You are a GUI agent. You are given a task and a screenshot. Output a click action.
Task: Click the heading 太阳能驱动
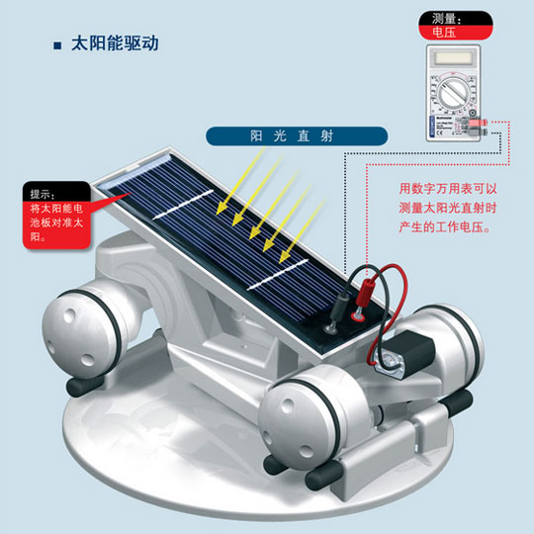pyautogui.click(x=115, y=44)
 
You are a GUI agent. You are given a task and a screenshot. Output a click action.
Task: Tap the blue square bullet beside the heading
pyautogui.click(x=57, y=45)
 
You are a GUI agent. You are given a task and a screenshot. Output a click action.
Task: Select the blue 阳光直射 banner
pyautogui.click(x=297, y=136)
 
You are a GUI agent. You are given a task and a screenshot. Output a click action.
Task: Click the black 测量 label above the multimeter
pyautogui.click(x=455, y=19)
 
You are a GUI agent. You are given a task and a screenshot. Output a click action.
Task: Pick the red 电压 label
pyautogui.click(x=455, y=33)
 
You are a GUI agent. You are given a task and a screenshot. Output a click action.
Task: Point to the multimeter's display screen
pyautogui.click(x=453, y=58)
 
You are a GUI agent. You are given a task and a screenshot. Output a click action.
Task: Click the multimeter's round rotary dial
pyautogui.click(x=453, y=92)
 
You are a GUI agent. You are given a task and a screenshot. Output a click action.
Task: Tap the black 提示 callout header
pyautogui.click(x=56, y=192)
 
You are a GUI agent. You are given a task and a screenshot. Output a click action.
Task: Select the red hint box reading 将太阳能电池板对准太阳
pyautogui.click(x=56, y=224)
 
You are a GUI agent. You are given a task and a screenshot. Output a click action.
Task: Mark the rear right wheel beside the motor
pyautogui.click(x=453, y=344)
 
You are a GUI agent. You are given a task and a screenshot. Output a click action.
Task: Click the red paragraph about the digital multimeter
pyautogui.click(x=448, y=208)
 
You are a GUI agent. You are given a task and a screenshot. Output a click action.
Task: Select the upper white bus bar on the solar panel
pyautogui.click(x=183, y=205)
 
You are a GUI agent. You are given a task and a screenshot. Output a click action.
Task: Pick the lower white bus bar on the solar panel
pyautogui.click(x=278, y=275)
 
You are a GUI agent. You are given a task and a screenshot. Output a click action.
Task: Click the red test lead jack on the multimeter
pyautogui.click(x=477, y=123)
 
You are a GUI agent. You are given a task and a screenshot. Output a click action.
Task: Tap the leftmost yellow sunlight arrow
pyautogui.click(x=240, y=181)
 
